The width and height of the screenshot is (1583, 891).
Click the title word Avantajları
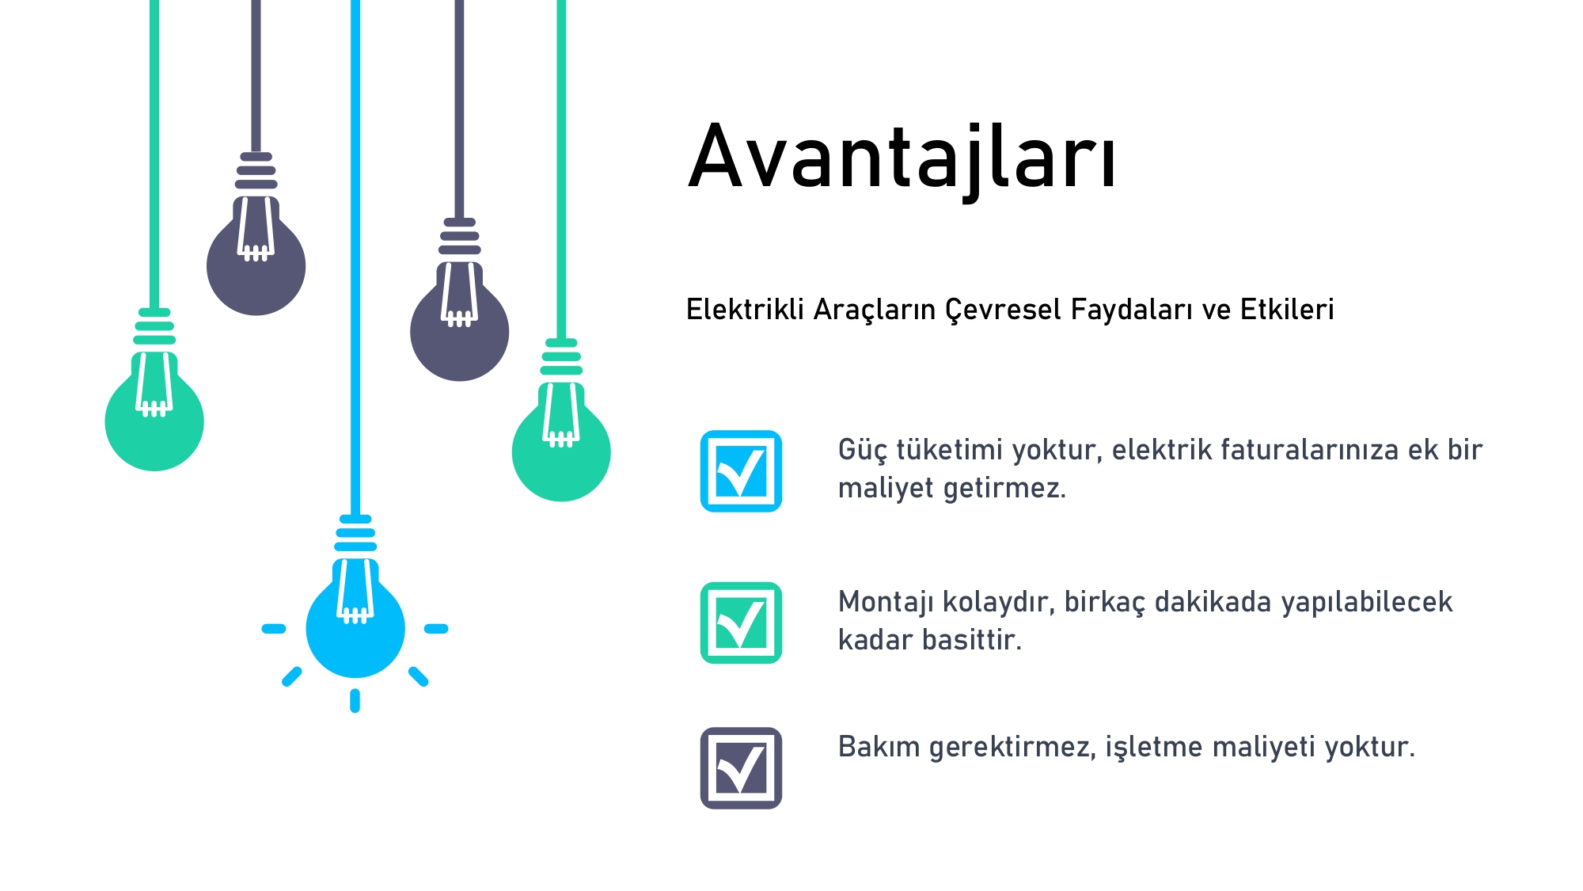(x=902, y=158)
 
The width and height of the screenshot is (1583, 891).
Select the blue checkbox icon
(x=741, y=471)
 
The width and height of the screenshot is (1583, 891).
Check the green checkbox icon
(x=741, y=623)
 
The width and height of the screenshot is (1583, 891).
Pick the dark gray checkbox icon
(x=741, y=767)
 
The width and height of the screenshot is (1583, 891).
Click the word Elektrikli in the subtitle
(x=745, y=309)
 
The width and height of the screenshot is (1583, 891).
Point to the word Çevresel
(x=1003, y=310)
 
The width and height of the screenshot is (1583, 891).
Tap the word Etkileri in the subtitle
(x=1287, y=309)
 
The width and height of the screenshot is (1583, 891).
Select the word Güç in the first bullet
(x=863, y=450)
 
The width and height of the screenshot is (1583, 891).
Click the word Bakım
(x=879, y=747)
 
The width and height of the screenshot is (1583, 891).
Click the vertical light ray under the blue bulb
(x=355, y=701)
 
